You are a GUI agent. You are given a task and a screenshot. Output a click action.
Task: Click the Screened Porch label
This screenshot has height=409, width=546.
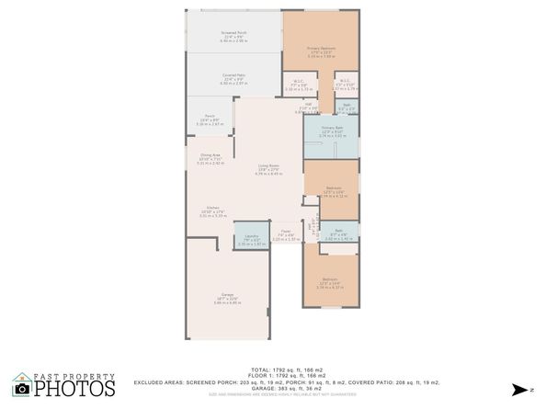pos(233,38)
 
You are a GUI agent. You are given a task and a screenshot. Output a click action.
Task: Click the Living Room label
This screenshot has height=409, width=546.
pos(267,168)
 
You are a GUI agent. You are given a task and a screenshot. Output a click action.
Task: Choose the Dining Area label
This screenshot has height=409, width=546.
pos(210,157)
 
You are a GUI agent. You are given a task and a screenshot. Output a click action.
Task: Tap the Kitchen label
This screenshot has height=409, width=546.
pos(212,210)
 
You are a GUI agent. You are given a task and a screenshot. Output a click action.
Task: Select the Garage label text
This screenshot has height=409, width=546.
pos(226,297)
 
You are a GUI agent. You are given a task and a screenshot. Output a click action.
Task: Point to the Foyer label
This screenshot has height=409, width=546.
pos(286,235)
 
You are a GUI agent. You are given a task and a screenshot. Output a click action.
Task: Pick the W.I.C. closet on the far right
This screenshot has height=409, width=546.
pos(346,86)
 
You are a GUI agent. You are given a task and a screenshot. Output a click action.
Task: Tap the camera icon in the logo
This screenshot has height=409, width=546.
pos(21,387)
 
